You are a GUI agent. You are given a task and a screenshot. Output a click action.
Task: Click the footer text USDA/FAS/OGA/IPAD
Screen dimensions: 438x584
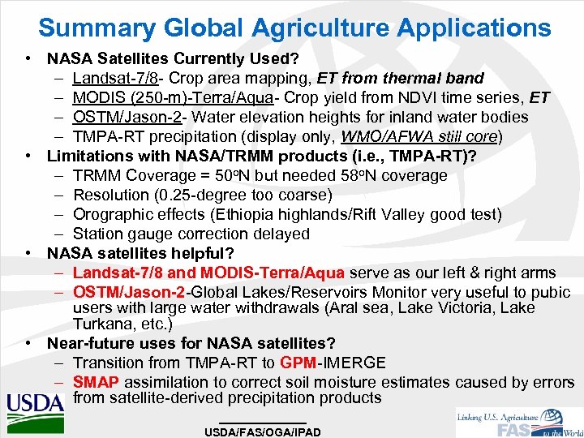coord(263,432)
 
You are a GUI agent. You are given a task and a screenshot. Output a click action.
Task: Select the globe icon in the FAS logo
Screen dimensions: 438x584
coord(552,419)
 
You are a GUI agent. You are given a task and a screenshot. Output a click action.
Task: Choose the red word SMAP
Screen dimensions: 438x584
coord(96,382)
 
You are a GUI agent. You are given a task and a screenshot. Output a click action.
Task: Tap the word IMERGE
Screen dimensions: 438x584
coord(358,363)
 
